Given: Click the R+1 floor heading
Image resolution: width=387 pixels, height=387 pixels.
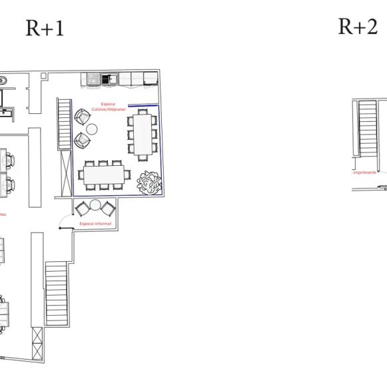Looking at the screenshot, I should pyautogui.click(x=45, y=28).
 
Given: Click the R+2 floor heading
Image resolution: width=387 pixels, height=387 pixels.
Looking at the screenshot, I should pyautogui.click(x=358, y=26).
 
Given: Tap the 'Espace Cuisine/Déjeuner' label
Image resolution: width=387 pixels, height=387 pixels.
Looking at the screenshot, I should pyautogui.click(x=108, y=107).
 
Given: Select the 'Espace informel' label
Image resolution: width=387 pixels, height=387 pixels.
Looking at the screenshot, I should pyautogui.click(x=95, y=224).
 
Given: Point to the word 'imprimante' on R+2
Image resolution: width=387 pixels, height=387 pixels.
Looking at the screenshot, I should pyautogui.click(x=365, y=172).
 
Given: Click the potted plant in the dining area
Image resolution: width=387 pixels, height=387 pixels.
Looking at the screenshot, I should pyautogui.click(x=149, y=182).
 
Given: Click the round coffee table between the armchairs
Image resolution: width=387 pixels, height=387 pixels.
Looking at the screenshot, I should pyautogui.click(x=92, y=129).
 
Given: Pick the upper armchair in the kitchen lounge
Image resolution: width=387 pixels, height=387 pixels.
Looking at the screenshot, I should pyautogui.click(x=81, y=117).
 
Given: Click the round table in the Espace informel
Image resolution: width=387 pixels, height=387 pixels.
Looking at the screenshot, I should pyautogui.click(x=95, y=205).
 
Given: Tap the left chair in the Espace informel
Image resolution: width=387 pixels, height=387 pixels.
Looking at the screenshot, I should pyautogui.click(x=82, y=208).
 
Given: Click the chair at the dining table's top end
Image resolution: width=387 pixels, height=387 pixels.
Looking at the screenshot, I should pyautogui.click(x=142, y=111).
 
